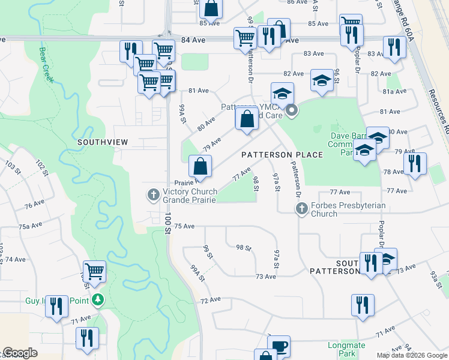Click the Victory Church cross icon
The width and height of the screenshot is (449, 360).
click(153, 194)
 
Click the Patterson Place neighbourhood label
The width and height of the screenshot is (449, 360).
click(282, 155)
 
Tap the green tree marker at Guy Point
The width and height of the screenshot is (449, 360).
click(98, 299)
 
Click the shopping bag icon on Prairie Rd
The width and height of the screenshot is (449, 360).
click(200, 166)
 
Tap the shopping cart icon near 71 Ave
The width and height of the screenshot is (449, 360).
click(94, 271)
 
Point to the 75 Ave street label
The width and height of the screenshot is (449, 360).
click(184, 226)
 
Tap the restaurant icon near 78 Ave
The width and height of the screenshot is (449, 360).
click(415, 163)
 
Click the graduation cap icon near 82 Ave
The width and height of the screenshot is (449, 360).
click(322, 80)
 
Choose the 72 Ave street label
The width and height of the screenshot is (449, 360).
click(208, 300)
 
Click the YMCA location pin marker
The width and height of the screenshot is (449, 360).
click(292, 110)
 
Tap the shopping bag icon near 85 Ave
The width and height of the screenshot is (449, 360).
click(211, 8)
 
